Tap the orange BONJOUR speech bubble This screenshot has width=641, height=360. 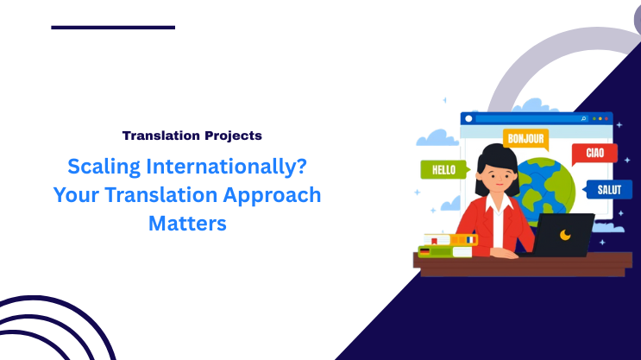click(x=525, y=138)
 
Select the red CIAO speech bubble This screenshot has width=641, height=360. click(x=594, y=154)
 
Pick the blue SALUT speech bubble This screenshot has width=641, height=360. click(x=609, y=189)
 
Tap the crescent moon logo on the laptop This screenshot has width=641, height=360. click(x=565, y=234)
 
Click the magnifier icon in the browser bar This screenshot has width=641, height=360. click(x=584, y=118)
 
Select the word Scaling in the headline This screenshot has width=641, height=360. click(x=102, y=165)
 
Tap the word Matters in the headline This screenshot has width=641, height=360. click(x=187, y=222)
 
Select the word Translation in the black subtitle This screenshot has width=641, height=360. click(x=154, y=136)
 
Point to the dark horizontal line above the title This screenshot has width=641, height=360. click(x=113, y=27)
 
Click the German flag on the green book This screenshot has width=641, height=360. click(x=424, y=251)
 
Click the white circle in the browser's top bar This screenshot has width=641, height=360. click(x=468, y=118)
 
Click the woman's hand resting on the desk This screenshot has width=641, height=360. click(x=506, y=254)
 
